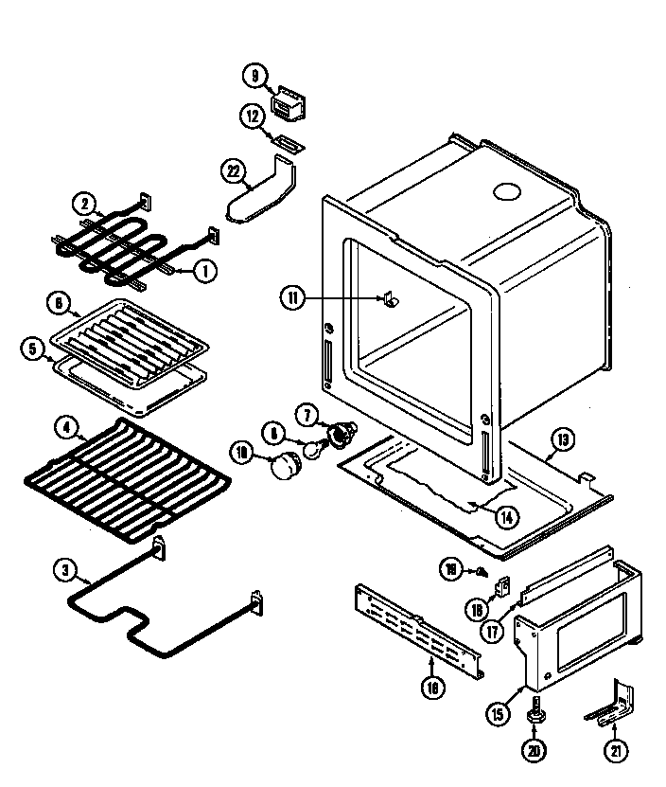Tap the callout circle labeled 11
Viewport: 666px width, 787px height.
click(x=292, y=298)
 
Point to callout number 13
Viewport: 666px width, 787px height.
click(x=562, y=438)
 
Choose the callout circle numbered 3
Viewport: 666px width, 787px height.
click(x=65, y=570)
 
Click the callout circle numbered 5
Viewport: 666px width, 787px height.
click(x=33, y=349)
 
